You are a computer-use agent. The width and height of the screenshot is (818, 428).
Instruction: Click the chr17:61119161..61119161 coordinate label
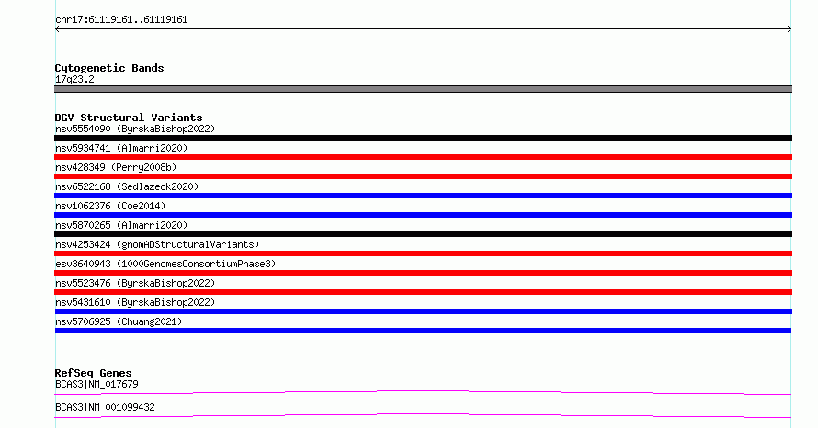pyautogui.click(x=121, y=20)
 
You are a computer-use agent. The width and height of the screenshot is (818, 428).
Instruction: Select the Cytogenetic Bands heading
pyautogui.click(x=109, y=68)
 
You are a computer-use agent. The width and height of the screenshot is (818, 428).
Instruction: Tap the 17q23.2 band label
pyautogui.click(x=74, y=79)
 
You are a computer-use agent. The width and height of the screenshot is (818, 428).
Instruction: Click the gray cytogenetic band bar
pyautogui.click(x=423, y=89)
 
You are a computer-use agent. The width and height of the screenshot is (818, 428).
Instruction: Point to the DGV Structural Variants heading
pyautogui.click(x=129, y=118)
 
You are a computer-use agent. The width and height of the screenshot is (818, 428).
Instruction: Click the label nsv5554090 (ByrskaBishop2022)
pyautogui.click(x=135, y=129)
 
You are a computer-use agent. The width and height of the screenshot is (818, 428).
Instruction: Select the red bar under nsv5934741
pyautogui.click(x=423, y=157)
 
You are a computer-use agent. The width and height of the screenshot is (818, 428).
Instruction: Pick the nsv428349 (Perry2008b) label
pyautogui.click(x=116, y=167)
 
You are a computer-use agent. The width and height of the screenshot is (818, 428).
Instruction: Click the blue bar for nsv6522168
pyautogui.click(x=423, y=196)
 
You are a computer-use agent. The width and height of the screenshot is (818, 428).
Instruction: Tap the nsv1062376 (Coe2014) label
pyautogui.click(x=110, y=206)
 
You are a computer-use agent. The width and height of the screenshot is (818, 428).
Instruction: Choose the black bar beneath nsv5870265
pyautogui.click(x=423, y=234)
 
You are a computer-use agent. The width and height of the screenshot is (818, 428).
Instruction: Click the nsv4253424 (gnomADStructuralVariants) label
pyautogui.click(x=157, y=244)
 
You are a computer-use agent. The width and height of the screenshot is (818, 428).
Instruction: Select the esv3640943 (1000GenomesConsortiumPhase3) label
pyautogui.click(x=165, y=264)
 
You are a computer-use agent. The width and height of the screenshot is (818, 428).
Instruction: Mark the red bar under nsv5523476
pyautogui.click(x=423, y=292)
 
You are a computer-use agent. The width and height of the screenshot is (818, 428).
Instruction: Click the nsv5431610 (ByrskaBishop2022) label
pyautogui.click(x=135, y=302)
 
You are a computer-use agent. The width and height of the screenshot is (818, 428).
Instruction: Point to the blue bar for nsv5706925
pyautogui.click(x=423, y=331)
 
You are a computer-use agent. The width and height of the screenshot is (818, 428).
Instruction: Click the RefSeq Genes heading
pyautogui.click(x=94, y=373)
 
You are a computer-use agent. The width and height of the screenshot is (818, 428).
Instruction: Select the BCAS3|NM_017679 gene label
pyautogui.click(x=97, y=384)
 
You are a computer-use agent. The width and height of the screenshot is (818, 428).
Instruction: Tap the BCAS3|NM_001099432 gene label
pyautogui.click(x=105, y=407)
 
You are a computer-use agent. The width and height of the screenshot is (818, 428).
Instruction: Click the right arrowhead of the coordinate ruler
pyautogui.click(x=790, y=28)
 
